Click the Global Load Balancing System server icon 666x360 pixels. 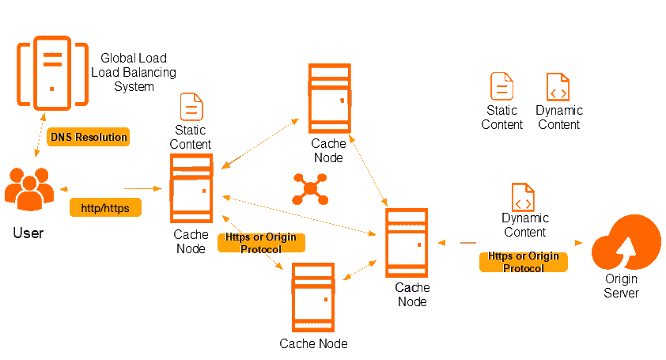[x=52, y=73]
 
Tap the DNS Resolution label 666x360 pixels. [x=88, y=137]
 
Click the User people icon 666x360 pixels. [x=28, y=190]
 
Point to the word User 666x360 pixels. [x=28, y=233]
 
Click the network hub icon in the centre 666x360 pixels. [x=309, y=189]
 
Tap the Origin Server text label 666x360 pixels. [x=621, y=286]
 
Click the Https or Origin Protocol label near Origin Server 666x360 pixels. [x=523, y=262]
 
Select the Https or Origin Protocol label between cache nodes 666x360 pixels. [x=260, y=243]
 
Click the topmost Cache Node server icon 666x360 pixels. [x=329, y=97]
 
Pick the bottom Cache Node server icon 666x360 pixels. [x=313, y=298]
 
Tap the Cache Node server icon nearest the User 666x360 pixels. [x=191, y=190]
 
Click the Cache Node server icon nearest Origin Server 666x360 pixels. [x=407, y=243]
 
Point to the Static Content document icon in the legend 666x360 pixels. [x=501, y=86]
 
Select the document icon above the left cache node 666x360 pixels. [x=191, y=107]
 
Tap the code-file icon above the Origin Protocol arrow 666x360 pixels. [x=523, y=197]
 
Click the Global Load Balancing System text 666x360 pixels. [x=138, y=72]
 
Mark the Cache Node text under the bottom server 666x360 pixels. [x=313, y=343]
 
